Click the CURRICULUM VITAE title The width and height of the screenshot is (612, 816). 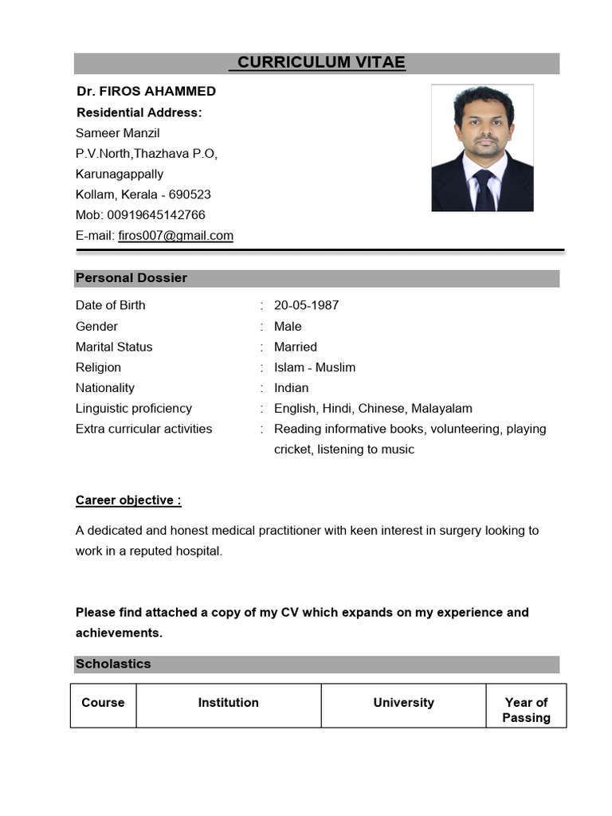(317, 63)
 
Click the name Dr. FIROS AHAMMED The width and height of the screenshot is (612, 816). (146, 91)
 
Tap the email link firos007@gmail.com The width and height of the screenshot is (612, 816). (175, 235)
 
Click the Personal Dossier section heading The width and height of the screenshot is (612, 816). (131, 278)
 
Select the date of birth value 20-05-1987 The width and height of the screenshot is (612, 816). (306, 305)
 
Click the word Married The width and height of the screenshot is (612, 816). (295, 347)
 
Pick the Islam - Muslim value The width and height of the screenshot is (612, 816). (314, 367)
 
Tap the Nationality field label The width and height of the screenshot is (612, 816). (105, 388)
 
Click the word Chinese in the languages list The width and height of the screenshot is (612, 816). (382, 408)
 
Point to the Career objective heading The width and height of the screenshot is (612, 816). (128, 500)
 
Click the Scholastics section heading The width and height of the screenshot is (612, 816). (113, 664)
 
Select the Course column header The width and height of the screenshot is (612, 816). (103, 703)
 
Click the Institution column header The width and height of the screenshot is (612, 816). (228, 703)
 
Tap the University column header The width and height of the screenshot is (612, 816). (403, 703)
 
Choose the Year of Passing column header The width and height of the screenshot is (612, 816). (526, 710)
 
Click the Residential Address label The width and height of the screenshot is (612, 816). (139, 112)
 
